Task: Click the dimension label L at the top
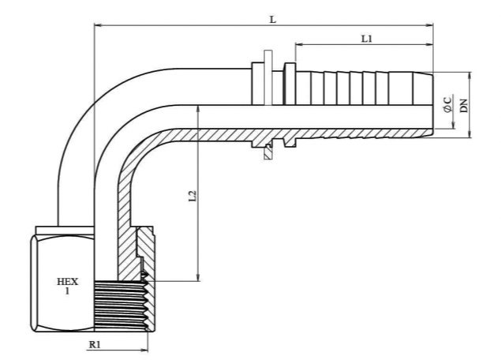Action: (272, 20)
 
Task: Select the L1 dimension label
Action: (367, 39)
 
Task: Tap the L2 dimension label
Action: (193, 196)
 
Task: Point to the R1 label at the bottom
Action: (95, 345)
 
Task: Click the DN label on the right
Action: (464, 106)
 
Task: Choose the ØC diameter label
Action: (448, 104)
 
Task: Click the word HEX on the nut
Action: (67, 282)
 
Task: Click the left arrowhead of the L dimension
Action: (97, 25)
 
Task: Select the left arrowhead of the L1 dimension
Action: (298, 45)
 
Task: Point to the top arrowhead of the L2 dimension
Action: (199, 109)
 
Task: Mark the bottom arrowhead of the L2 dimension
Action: (199, 278)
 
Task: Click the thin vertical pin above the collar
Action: (268, 77)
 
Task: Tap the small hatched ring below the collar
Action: (267, 152)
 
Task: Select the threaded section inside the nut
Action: (122, 306)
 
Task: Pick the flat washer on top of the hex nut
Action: (65, 231)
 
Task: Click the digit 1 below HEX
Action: (67, 291)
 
